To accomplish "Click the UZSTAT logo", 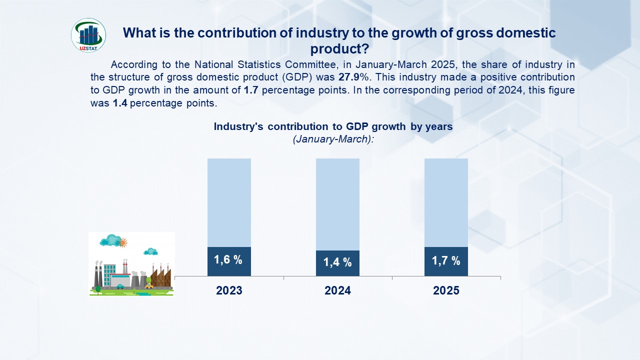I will (88, 35).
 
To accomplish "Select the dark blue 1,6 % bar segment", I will (229, 261).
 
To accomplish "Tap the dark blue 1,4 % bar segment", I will (337, 263).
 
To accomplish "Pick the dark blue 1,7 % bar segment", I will (446, 261).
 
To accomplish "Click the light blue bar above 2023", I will (229, 202).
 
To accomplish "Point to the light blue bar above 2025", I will (446, 202).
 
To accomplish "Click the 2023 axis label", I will (229, 290).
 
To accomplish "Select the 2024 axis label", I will (337, 290).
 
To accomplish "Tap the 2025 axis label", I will (446, 290).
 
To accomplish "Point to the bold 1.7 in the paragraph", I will (250, 90).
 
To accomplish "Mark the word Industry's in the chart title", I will (238, 126).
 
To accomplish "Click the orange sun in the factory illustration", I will (122, 243).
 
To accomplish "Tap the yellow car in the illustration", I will (149, 286).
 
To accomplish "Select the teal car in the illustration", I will (120, 286).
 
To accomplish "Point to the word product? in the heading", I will (339, 49).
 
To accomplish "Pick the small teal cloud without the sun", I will (150, 251).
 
